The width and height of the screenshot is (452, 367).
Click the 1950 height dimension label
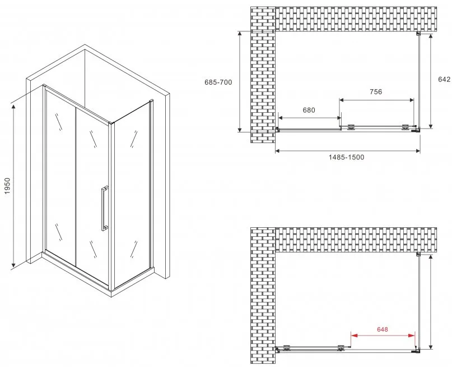7,186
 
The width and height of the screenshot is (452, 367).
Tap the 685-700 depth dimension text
218,82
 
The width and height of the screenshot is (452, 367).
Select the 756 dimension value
376,92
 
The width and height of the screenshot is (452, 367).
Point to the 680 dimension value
309,110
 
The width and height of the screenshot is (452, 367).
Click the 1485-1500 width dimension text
347,157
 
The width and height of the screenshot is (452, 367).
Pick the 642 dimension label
444,80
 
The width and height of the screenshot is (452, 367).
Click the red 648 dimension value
382,329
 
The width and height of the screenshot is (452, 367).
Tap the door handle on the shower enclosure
104,208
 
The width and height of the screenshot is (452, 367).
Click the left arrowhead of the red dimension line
355,336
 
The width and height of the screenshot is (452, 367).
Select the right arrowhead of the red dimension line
412,336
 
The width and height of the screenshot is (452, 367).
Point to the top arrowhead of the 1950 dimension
13,108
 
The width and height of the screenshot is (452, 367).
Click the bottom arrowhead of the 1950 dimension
13,264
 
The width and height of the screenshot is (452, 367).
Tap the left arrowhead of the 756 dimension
342,100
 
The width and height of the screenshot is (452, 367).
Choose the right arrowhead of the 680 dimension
338,118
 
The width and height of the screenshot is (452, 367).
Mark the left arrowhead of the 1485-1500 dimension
279,151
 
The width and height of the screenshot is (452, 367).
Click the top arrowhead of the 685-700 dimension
240,35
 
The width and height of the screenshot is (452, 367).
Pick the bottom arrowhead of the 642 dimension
431,125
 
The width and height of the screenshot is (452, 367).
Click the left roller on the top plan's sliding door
351,127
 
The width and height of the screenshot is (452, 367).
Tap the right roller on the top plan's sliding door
406,127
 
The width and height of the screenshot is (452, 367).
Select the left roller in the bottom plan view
287,348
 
